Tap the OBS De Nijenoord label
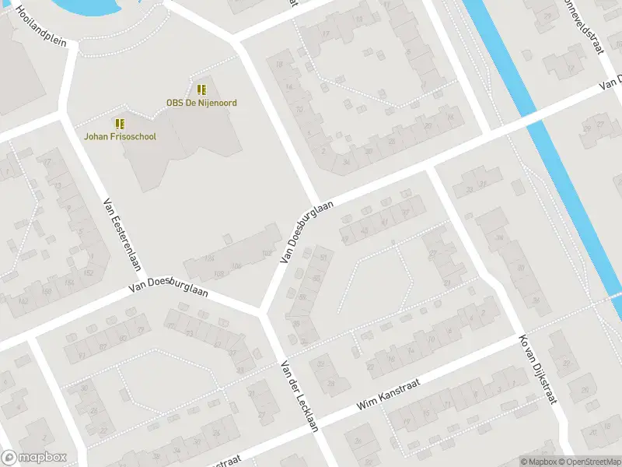tap(201, 103)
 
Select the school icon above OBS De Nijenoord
tap(201, 90)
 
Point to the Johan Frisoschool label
tap(121, 137)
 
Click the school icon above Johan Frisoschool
tap(121, 124)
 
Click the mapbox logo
tap(34, 458)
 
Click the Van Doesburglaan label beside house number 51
tap(307, 232)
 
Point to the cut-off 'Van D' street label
tap(611, 84)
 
